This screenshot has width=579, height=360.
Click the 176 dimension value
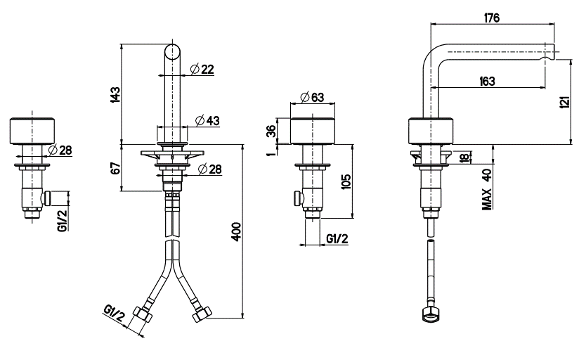pyautogui.click(x=491, y=18)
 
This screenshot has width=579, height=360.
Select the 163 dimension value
pyautogui.click(x=487, y=81)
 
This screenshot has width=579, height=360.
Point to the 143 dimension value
pyautogui.click(x=115, y=95)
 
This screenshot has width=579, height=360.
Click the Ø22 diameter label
pyautogui.click(x=202, y=69)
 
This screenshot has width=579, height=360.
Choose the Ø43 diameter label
pyautogui.click(x=207, y=120)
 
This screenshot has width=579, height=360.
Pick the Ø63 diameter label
pyautogui.click(x=312, y=97)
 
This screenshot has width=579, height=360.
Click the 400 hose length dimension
pyautogui.click(x=237, y=231)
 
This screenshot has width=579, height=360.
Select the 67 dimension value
pyautogui.click(x=115, y=168)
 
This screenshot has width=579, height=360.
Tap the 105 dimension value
pyautogui.click(x=346, y=182)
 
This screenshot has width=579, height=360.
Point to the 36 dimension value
pyautogui.click(x=271, y=131)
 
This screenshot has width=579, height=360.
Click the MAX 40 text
pyautogui.click(x=488, y=190)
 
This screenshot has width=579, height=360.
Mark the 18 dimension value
pyautogui.click(x=465, y=157)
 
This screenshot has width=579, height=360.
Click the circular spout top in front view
pyautogui.click(x=173, y=52)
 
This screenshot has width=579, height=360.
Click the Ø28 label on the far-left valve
pyautogui.click(x=60, y=150)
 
